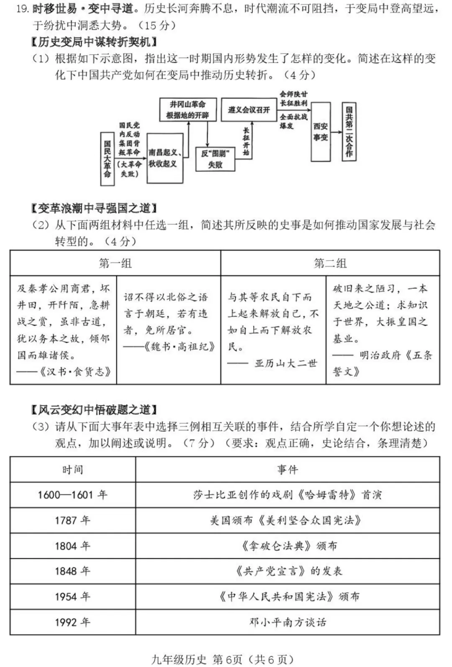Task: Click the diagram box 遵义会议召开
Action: [x=249, y=110]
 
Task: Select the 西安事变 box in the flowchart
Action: [x=321, y=131]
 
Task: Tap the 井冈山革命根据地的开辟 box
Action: [x=187, y=110]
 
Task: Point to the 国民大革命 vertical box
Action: [x=107, y=158]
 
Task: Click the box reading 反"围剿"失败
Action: [x=215, y=159]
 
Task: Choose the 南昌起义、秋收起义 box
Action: [x=164, y=158]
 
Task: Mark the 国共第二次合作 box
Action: [x=349, y=131]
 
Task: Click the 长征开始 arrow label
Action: [x=246, y=142]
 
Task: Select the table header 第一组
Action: [x=115, y=263]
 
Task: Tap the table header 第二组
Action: [x=330, y=263]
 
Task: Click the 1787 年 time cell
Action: [x=72, y=520]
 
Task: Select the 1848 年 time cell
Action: [x=72, y=571]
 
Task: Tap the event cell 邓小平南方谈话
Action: [x=288, y=622]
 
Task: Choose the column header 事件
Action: [x=288, y=470]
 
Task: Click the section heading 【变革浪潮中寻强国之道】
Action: [x=94, y=208]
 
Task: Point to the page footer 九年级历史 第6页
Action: [x=197, y=659]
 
